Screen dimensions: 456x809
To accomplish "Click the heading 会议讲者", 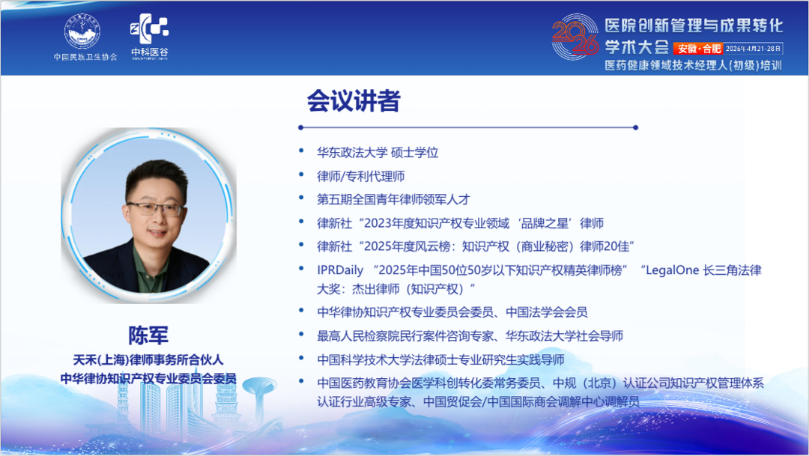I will tap(353, 101).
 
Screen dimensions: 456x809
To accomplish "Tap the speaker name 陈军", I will tap(148, 335).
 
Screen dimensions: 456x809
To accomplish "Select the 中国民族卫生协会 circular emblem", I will tap(85, 31).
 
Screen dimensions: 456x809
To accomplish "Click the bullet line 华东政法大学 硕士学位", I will tap(378, 152).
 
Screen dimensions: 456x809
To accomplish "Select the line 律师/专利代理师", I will tap(361, 176).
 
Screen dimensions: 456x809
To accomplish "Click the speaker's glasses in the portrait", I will tap(155, 209).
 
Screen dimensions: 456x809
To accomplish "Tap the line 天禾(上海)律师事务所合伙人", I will tap(148, 360).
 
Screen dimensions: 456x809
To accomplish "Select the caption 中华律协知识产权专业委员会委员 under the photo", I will tap(148, 379).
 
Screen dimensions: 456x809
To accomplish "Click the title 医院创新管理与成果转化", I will tap(693, 26).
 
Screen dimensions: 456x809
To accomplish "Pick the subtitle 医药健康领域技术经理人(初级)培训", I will tap(693, 66).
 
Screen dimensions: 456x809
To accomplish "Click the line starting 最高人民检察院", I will tap(470, 335).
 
